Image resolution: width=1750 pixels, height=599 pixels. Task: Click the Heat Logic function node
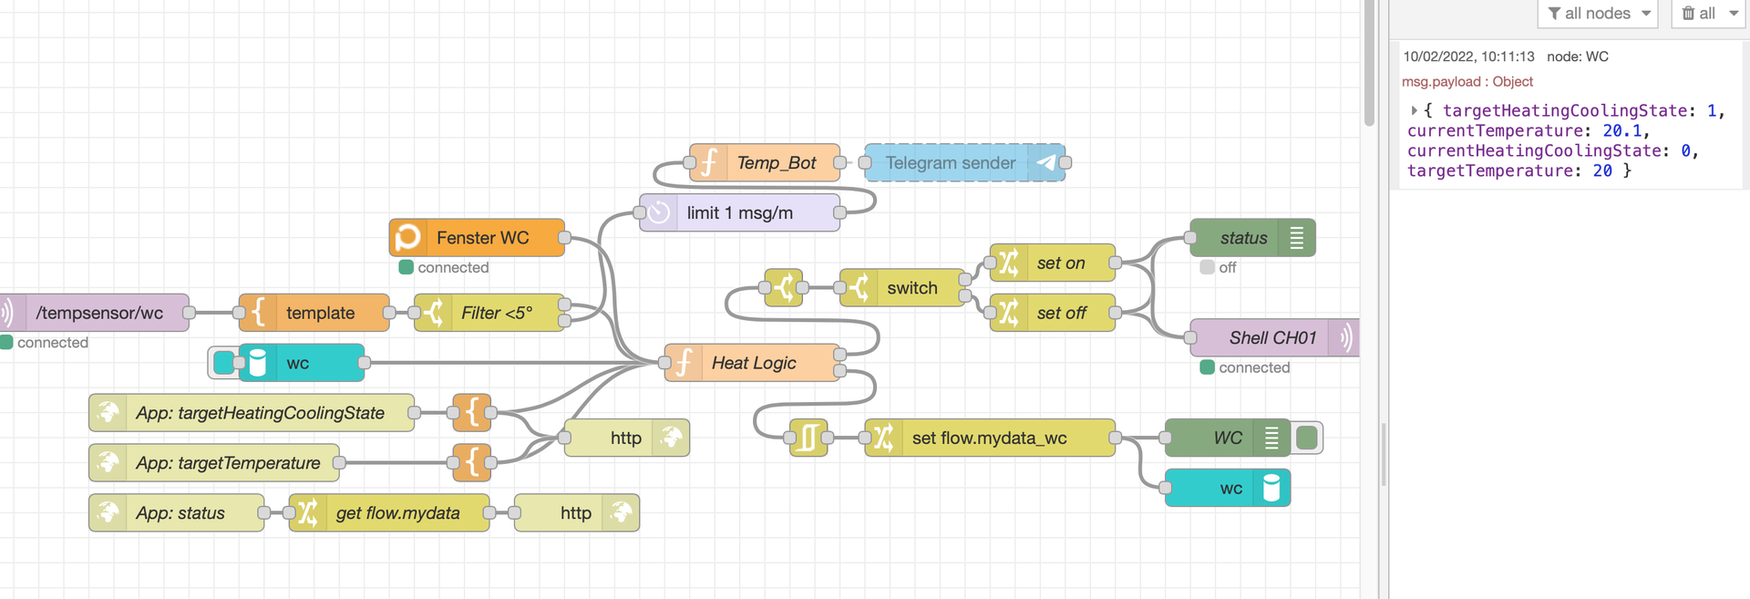[x=753, y=363]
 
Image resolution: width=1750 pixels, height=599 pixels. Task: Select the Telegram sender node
[x=951, y=163]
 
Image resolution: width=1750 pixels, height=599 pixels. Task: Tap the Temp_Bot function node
[x=776, y=163]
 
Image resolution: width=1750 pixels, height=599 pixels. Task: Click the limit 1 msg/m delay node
[x=739, y=213]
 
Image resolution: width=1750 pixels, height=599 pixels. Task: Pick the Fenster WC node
[x=481, y=238]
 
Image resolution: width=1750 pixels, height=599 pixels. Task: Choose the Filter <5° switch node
[x=496, y=313]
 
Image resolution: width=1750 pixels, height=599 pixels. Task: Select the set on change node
[x=1060, y=263]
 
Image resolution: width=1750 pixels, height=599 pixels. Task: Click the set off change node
[x=1061, y=313]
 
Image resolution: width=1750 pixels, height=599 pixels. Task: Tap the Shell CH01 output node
[x=1271, y=338]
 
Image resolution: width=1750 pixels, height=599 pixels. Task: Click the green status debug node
[x=1243, y=238]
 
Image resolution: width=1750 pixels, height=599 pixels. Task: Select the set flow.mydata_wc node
[x=989, y=439]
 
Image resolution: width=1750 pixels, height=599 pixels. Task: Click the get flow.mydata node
[x=397, y=513]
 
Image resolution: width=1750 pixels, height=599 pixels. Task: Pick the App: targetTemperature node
[x=228, y=463]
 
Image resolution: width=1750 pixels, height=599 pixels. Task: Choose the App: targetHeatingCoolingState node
[x=260, y=413]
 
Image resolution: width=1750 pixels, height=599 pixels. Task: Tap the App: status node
[x=180, y=513]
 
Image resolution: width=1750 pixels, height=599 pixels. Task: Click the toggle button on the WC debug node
[x=1307, y=439]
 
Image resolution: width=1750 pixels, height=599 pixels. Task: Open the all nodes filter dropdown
[x=1598, y=14]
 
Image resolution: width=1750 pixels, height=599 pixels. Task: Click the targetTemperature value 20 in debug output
[x=1602, y=170]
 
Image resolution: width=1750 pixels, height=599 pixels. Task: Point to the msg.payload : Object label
[x=1467, y=82]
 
